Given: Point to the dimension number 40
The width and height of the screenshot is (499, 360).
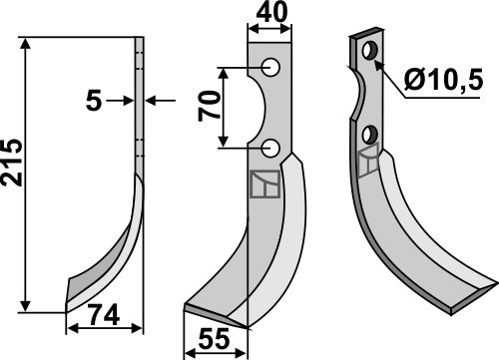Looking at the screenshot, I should click(267, 13).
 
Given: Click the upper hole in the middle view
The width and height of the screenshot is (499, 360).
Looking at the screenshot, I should click(268, 67).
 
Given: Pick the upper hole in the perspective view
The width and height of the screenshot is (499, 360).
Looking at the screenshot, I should click(371, 50).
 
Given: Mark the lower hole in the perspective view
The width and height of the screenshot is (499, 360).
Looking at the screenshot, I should click(371, 134).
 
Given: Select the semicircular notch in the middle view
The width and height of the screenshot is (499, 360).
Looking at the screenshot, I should click(255, 108).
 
